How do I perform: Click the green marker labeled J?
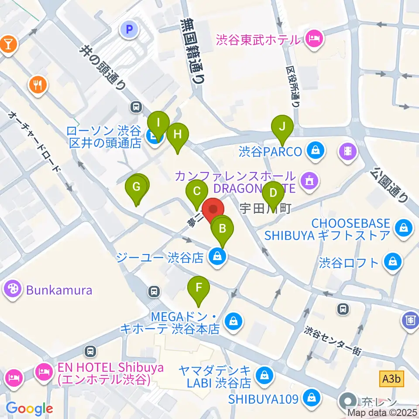(282, 127)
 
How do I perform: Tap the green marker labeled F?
(199, 288)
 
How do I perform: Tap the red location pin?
(213, 210)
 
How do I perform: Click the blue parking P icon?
(129, 29)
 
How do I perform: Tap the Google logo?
(29, 409)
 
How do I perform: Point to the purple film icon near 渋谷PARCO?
(347, 151)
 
